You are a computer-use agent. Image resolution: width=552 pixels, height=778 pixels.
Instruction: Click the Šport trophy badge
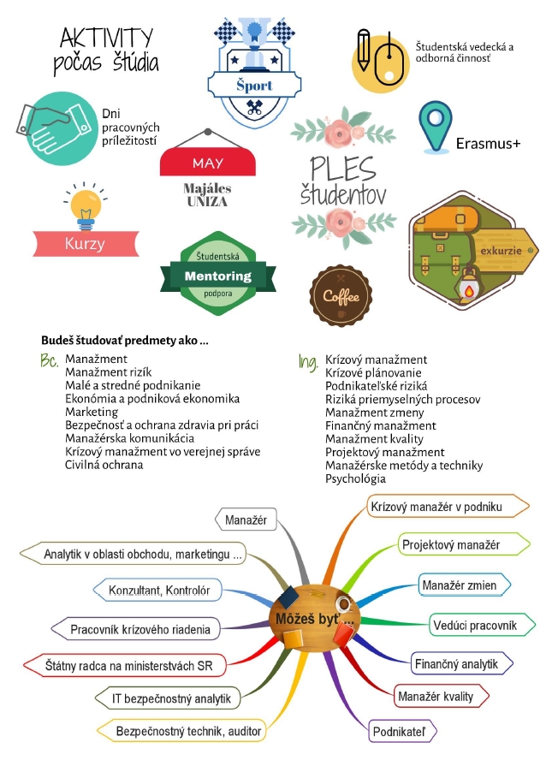pos(254,72)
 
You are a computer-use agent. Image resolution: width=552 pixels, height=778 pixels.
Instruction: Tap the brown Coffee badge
pos(341,295)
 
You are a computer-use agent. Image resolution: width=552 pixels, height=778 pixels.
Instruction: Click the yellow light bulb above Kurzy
pos(86,207)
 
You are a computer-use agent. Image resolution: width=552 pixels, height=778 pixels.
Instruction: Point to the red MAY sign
pos(208,163)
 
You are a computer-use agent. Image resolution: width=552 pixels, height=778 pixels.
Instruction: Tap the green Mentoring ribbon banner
pos(218,276)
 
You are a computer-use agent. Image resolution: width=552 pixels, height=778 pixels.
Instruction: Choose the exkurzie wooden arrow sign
pos(504,251)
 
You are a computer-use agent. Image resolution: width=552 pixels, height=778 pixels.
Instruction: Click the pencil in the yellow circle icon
pos(364,49)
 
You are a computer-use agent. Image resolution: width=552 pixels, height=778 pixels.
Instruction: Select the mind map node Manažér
pos(246,520)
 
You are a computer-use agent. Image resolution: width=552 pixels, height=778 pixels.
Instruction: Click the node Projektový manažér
pos(464,545)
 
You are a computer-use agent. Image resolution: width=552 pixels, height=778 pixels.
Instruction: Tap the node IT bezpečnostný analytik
pos(168,698)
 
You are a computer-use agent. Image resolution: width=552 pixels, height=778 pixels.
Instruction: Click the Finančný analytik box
pos(461,664)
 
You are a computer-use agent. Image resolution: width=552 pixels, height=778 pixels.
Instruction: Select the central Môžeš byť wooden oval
pos(314,617)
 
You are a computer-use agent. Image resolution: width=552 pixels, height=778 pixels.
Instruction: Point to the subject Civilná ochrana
pos(104,465)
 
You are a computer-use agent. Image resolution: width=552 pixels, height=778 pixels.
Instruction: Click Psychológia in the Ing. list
pos(355,478)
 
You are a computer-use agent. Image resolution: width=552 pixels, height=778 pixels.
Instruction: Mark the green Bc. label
pos(50,360)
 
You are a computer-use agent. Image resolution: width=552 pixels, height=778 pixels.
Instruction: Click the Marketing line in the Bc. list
pos(92,413)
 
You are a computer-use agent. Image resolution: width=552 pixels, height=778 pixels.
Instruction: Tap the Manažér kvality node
pos(441,696)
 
